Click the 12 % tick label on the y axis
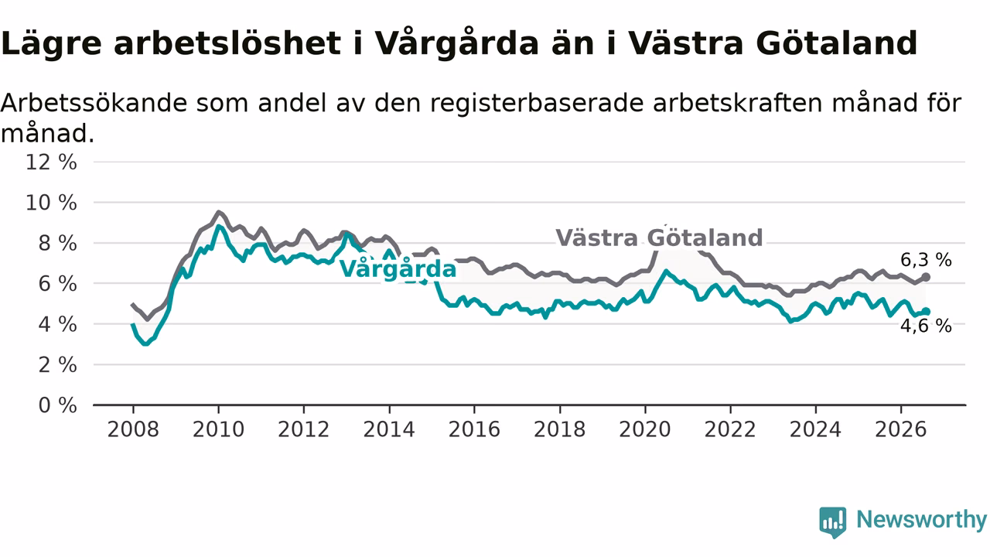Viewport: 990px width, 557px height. click(51, 162)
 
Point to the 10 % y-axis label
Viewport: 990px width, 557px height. click(51, 203)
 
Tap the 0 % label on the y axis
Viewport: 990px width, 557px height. click(57, 405)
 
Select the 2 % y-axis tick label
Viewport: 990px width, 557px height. click(57, 365)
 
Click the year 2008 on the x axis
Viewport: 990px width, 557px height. click(133, 429)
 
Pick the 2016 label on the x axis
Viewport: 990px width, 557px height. click(474, 429)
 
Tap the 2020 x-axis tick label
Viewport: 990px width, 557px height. click(645, 429)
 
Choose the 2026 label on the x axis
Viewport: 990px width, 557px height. click(901, 429)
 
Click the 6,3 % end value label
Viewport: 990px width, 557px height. click(926, 260)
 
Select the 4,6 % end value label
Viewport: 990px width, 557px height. click(926, 326)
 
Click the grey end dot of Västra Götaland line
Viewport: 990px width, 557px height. click(926, 277)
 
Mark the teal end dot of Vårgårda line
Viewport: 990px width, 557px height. click(926, 312)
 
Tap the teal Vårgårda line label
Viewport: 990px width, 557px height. click(398, 268)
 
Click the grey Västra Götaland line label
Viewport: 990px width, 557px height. click(660, 237)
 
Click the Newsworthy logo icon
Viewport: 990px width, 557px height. click(833, 522)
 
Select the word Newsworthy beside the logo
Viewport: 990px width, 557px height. click(921, 519)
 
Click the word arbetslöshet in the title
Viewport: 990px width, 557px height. click(227, 43)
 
